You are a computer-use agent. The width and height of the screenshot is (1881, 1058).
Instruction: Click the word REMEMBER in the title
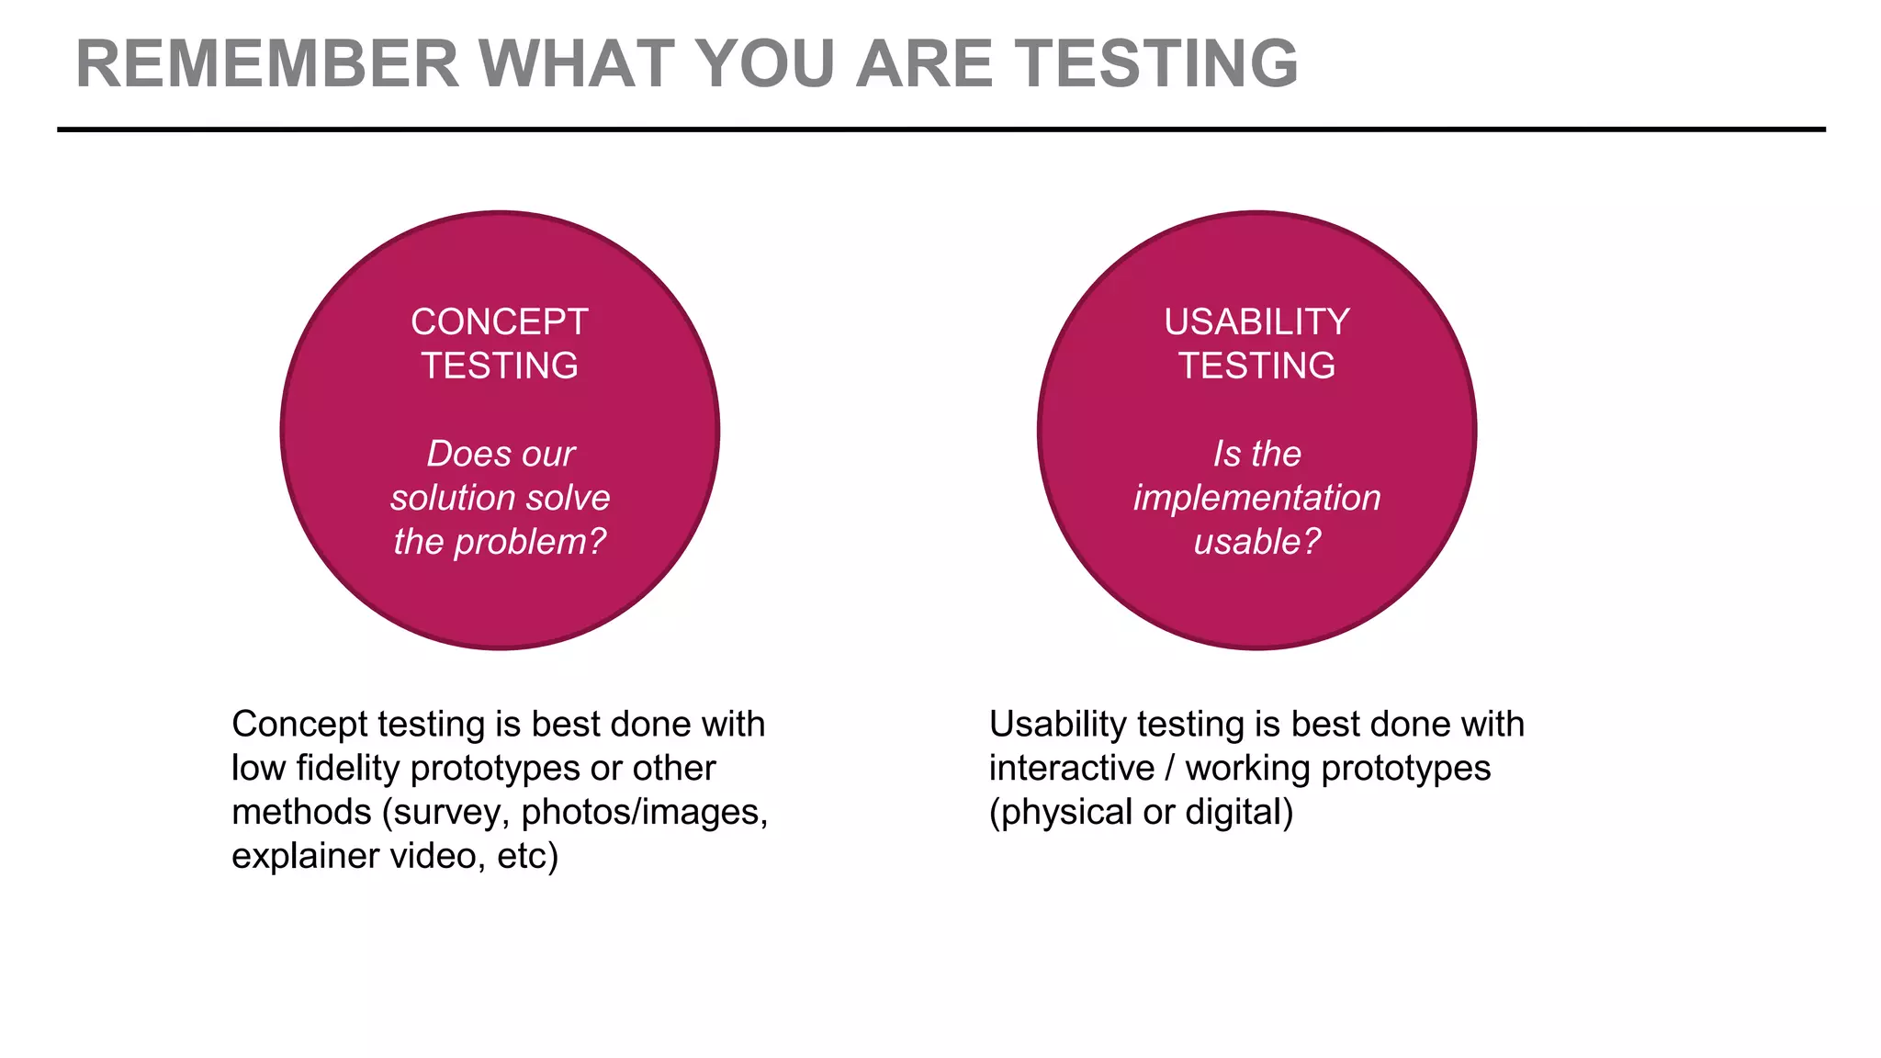(x=266, y=64)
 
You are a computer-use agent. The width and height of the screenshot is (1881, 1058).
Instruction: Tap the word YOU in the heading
(x=766, y=64)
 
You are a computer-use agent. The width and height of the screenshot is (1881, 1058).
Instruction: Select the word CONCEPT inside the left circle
(x=499, y=322)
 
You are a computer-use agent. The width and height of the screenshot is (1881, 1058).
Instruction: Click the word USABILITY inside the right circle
(x=1256, y=322)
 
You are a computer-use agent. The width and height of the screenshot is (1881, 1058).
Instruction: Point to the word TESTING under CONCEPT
(x=499, y=366)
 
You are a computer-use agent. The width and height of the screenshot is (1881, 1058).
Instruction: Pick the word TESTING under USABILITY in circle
(x=1256, y=366)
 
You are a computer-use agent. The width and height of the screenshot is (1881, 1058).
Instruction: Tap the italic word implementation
(x=1256, y=498)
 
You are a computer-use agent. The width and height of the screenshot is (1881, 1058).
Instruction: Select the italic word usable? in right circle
(x=1256, y=542)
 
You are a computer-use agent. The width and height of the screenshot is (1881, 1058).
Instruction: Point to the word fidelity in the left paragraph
(x=348, y=768)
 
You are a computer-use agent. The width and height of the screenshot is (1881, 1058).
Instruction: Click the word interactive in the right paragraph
(x=1071, y=768)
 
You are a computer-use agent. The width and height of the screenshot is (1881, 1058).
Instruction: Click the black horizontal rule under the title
(x=940, y=129)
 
